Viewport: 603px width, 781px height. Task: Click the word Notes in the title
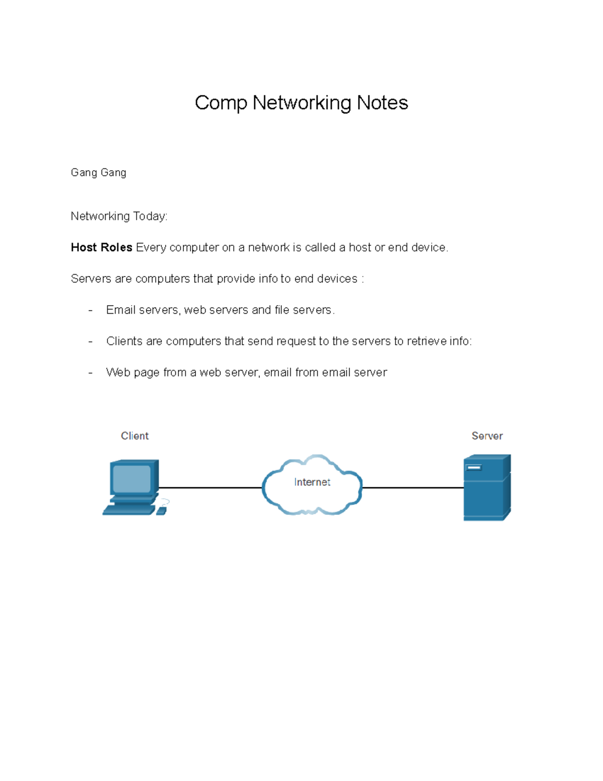coord(382,103)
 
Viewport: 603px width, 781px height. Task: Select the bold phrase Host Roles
coord(102,247)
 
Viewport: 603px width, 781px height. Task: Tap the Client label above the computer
coord(135,436)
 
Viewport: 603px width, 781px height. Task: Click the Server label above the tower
coord(487,436)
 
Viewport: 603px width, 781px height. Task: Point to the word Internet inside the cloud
coord(312,482)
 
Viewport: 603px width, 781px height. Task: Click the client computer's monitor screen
coord(132,479)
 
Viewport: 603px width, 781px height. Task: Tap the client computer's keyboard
coord(129,509)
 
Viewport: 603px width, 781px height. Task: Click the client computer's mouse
coord(161,511)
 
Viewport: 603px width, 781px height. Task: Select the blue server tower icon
coord(487,487)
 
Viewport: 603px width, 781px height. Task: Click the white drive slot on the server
coord(474,468)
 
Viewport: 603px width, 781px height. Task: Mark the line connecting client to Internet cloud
coord(211,488)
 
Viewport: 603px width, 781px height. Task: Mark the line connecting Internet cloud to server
coord(413,488)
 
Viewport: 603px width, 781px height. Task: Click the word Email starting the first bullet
coord(121,310)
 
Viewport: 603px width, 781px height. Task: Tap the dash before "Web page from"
coord(90,373)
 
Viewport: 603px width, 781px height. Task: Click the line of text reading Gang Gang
coord(98,173)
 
